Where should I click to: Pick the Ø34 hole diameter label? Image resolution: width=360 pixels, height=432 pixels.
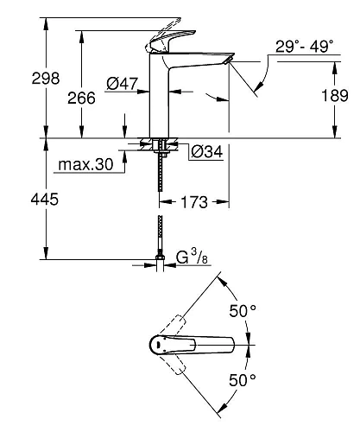click(x=205, y=152)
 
